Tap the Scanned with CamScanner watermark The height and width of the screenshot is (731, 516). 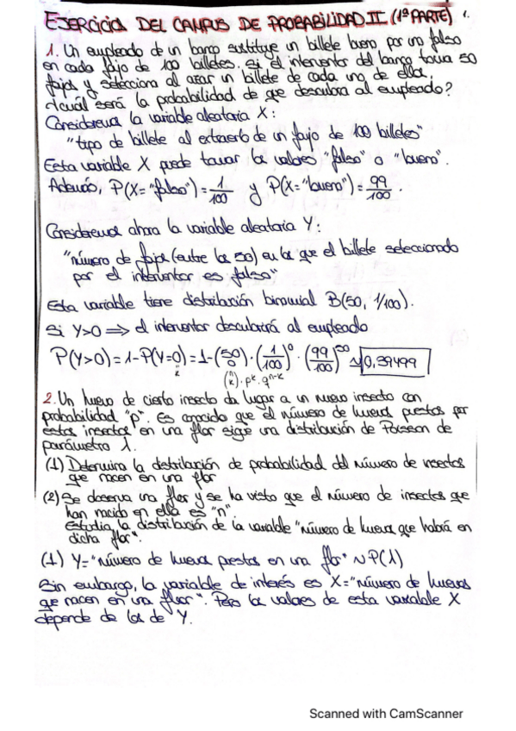point(387,714)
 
